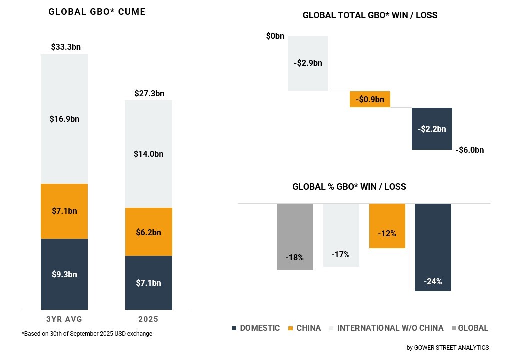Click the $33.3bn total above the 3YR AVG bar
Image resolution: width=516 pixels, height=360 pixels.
coord(65,47)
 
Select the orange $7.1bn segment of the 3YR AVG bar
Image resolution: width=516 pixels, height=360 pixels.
coord(64,211)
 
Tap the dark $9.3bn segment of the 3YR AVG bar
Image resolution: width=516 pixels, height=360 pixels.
coord(64,274)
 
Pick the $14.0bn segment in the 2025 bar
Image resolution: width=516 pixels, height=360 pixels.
coord(148,154)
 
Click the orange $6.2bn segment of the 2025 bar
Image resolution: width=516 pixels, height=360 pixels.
coord(148,232)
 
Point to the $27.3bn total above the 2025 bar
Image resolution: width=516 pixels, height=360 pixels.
coord(149,93)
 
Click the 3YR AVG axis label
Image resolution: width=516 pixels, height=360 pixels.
coord(64,319)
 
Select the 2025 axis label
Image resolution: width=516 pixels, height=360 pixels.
coord(148,319)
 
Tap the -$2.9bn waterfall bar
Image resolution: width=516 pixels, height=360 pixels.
coord(308,63)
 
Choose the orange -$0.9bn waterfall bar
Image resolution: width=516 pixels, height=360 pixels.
coord(370,99)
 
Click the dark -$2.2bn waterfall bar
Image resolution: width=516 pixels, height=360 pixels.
coord(432,128)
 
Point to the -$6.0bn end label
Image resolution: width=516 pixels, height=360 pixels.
coord(470,150)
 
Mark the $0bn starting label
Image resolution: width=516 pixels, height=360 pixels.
coord(275,36)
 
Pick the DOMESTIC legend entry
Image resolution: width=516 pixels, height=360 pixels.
coord(255,328)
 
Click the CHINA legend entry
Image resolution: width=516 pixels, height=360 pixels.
coord(304,328)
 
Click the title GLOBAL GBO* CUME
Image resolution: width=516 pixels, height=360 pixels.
coord(97,12)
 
